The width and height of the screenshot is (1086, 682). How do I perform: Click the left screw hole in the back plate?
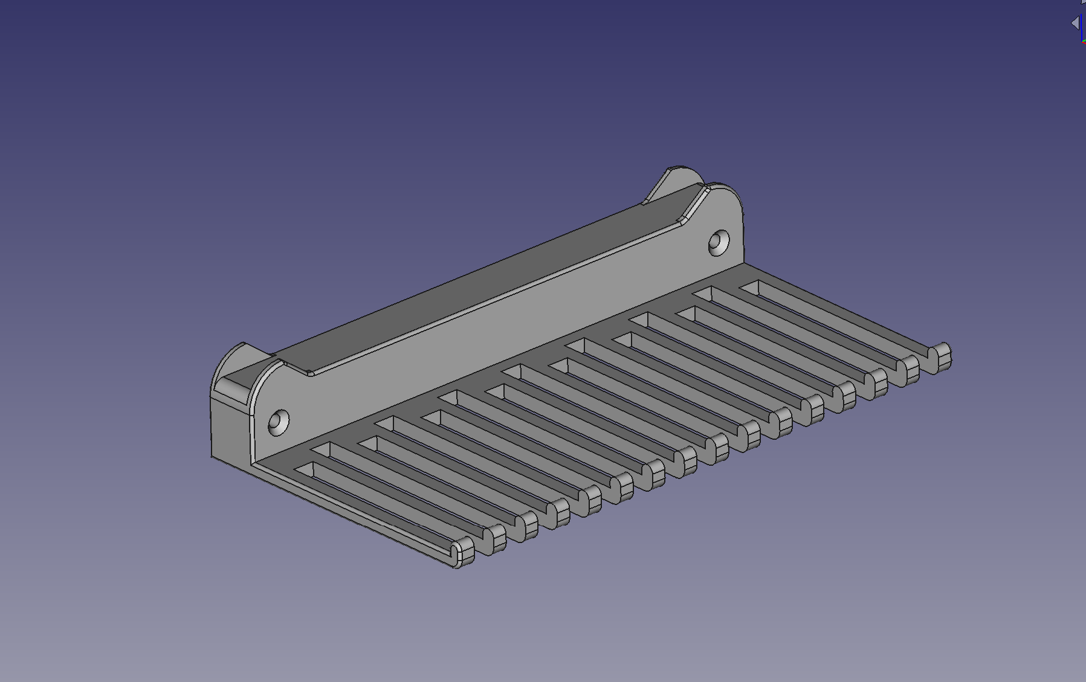pyautogui.click(x=279, y=421)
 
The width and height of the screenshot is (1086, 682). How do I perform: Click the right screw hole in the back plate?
pyautogui.click(x=719, y=242)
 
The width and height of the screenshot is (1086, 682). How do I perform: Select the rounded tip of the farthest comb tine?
pyautogui.click(x=940, y=356)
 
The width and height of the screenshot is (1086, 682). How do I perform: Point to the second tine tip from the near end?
pyautogui.click(x=495, y=538)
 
